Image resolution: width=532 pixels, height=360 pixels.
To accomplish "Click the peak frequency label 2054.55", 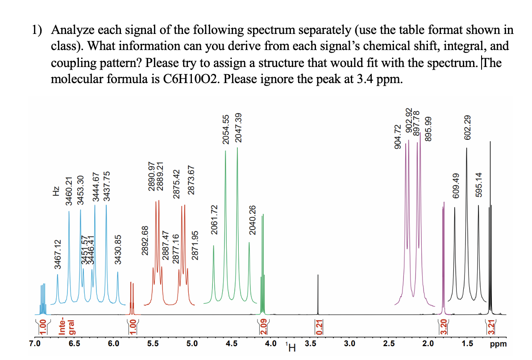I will coord(225,130).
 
